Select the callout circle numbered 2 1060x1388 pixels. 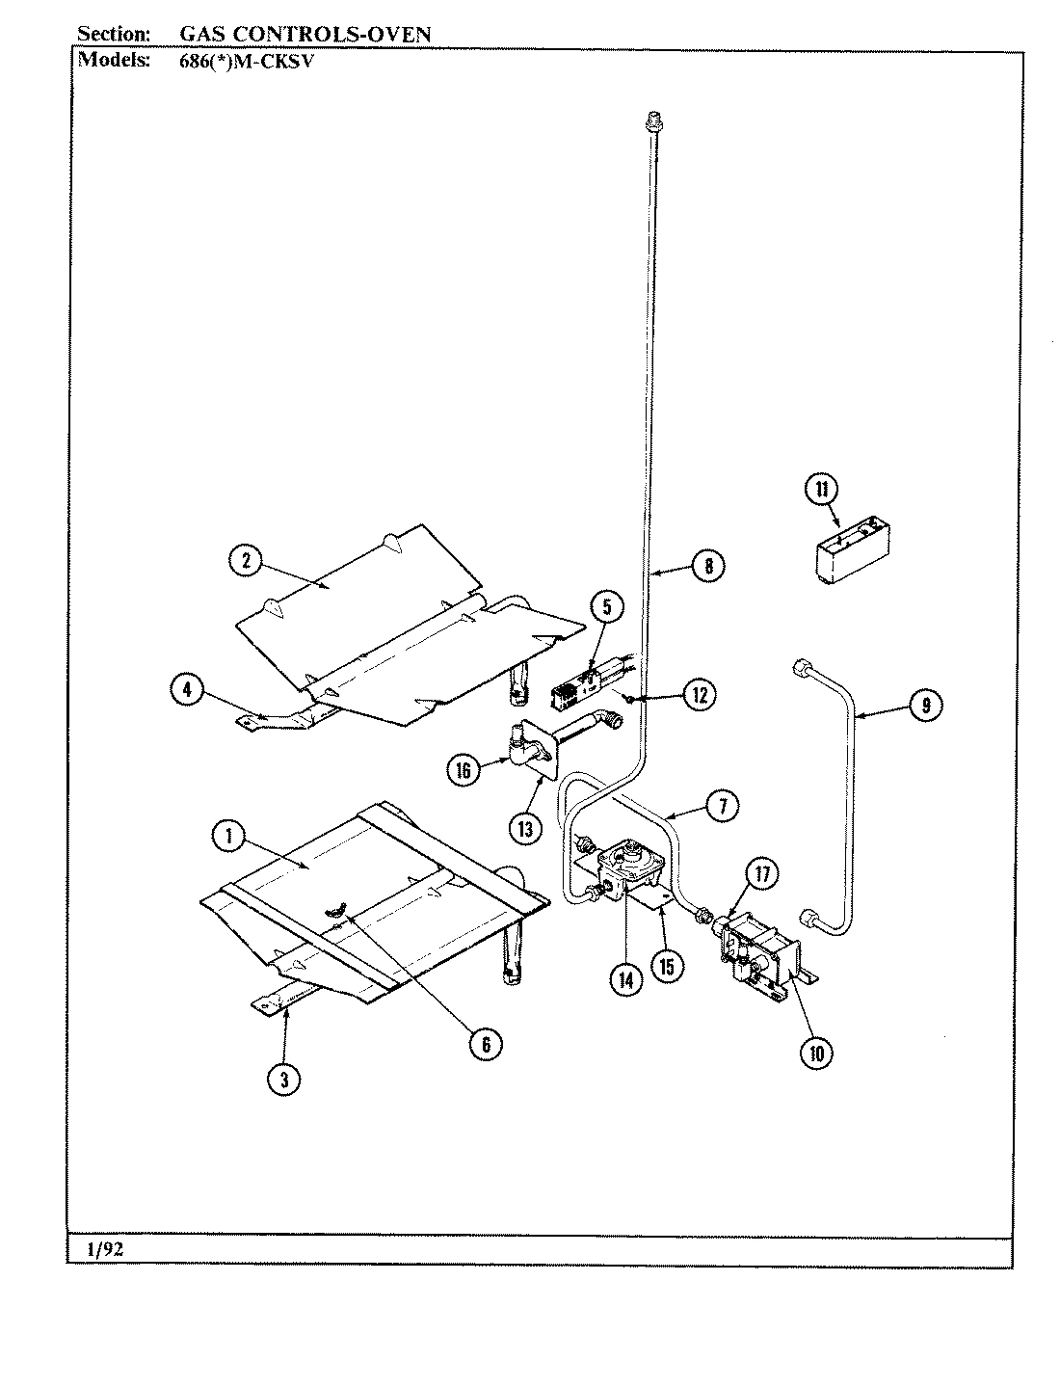click(x=247, y=561)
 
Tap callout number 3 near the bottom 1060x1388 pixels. click(x=284, y=1081)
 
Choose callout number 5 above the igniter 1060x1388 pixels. click(x=607, y=606)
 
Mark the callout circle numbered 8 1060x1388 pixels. click(x=708, y=566)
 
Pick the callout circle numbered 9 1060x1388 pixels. click(x=925, y=706)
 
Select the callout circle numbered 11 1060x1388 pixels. click(x=822, y=489)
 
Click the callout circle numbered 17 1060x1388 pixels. click(x=762, y=874)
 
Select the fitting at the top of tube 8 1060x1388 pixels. click(x=652, y=120)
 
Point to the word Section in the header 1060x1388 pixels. click(x=114, y=34)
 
